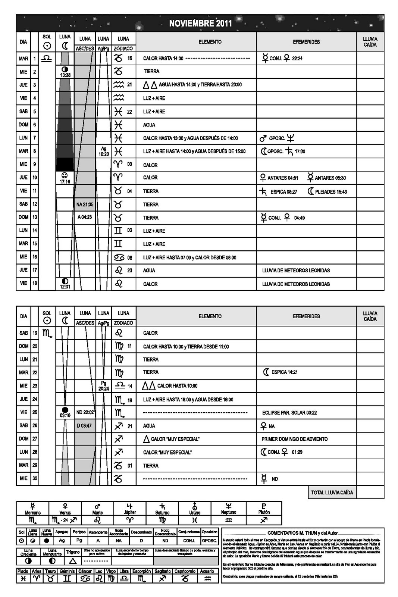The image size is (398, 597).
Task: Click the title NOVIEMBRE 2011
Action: click(200, 23)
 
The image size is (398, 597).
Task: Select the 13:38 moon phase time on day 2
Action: click(65, 75)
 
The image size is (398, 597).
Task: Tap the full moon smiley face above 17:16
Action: click(65, 175)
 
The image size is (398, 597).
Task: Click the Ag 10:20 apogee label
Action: click(104, 151)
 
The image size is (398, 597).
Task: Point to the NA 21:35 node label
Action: click(85, 204)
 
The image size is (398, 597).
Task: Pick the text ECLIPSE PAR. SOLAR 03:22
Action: click(289, 413)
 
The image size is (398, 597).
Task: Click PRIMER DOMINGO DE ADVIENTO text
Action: click(294, 439)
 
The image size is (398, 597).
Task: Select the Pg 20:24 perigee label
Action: click(104, 386)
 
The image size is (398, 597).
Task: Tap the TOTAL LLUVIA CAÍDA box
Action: click(332, 493)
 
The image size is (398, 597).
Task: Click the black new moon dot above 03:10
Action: click(65, 410)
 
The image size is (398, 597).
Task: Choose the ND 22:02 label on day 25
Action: click(85, 412)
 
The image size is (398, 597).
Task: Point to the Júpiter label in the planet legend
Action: click(130, 512)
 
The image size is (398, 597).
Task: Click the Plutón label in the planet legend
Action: click(264, 512)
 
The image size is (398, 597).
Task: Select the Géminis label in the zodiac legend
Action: click(67, 571)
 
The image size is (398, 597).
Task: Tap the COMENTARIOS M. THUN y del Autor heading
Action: click(303, 533)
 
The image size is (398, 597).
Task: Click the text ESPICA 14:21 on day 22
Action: click(284, 372)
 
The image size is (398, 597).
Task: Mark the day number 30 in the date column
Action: click(35, 478)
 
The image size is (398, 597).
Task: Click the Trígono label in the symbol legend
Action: click(73, 552)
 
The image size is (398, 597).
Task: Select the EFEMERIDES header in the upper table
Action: click(306, 42)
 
